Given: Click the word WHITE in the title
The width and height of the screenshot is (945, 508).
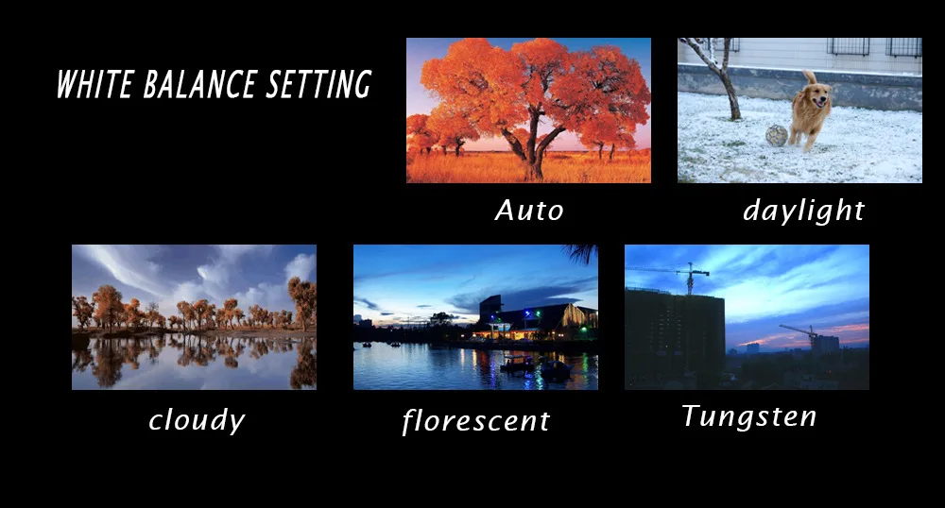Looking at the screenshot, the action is tap(94, 84).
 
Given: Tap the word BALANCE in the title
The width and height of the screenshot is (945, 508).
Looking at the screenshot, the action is tap(200, 84).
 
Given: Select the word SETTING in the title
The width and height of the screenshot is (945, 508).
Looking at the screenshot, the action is tap(318, 84).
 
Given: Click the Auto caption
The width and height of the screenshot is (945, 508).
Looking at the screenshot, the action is tap(529, 211).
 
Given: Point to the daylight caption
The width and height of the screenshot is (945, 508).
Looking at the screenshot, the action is tap(804, 211).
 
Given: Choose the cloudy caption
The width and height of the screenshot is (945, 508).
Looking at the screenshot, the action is tap(197, 420).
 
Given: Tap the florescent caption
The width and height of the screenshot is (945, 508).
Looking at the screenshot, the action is tap(475, 420).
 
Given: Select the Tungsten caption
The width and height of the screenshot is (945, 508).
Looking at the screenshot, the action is tap(748, 415).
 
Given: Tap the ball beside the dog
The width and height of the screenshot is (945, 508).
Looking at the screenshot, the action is tap(777, 135).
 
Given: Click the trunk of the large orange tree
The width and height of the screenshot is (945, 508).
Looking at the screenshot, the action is tap(533, 150).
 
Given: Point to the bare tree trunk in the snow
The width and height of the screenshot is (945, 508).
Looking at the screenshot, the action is tap(730, 91).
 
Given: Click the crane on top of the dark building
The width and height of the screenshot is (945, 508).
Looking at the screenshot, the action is tap(690, 278).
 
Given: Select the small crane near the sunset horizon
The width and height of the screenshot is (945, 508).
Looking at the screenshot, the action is tap(801, 333).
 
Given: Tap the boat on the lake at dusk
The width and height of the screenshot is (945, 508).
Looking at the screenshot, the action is tap(516, 363).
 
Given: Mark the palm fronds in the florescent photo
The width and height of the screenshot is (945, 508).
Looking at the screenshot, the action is tap(580, 253).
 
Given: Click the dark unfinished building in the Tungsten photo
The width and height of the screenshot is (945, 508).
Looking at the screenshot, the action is tap(675, 338).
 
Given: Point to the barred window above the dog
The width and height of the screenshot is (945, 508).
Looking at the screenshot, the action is tap(848, 47).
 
